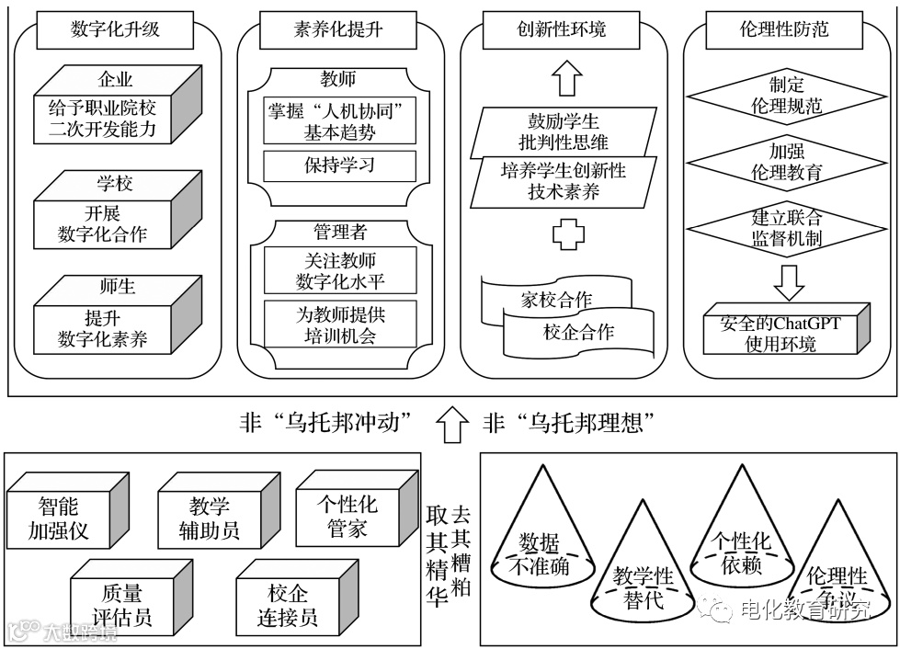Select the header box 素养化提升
[x=339, y=29]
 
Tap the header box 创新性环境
[x=562, y=29]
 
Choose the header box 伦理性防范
[x=783, y=29]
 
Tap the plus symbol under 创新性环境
[x=568, y=234]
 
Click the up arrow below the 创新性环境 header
[x=568, y=79]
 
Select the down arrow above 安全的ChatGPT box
[x=789, y=280]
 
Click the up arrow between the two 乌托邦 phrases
[x=450, y=424]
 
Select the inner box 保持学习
[x=339, y=166]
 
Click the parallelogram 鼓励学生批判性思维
[x=563, y=131]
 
